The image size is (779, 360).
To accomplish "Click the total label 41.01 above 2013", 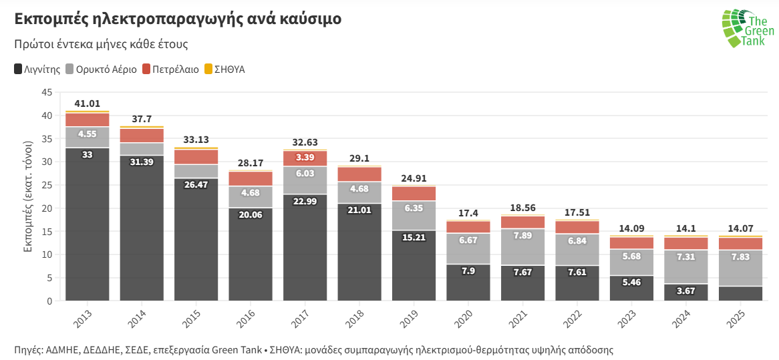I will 87,104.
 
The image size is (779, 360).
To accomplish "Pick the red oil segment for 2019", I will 414,194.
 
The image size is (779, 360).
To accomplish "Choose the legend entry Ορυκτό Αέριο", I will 100,69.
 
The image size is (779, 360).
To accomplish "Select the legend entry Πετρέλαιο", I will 170,69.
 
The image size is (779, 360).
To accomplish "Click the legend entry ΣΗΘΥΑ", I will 224,69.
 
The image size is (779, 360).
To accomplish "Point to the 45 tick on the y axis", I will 47,92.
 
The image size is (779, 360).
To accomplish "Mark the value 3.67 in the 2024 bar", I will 686,291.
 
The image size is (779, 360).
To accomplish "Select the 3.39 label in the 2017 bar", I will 305,158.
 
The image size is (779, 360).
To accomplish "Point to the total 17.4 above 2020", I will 468,213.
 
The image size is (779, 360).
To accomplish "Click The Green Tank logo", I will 747,29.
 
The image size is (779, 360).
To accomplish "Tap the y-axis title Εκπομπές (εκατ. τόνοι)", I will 28,196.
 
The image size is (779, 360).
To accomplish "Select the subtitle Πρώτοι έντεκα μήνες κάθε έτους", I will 101,44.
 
